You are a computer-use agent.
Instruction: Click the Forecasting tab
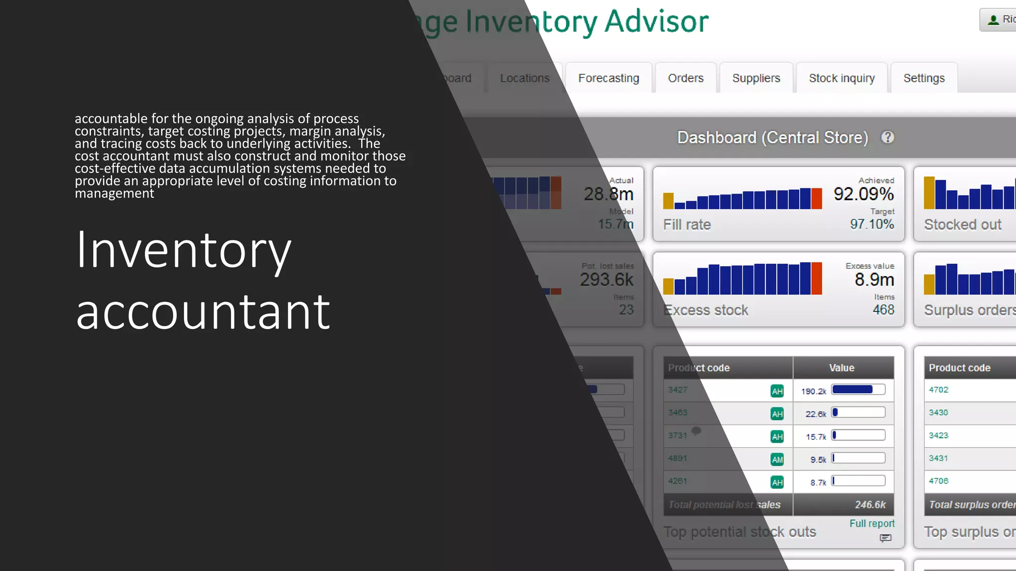(608, 78)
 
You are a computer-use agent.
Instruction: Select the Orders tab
(686, 78)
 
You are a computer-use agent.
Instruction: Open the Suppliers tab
(756, 78)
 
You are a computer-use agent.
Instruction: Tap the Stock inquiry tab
(841, 78)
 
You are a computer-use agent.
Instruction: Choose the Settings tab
(924, 78)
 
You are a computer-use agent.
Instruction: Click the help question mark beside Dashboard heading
(888, 137)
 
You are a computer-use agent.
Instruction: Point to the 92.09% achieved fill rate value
(863, 194)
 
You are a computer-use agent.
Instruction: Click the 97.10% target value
(872, 224)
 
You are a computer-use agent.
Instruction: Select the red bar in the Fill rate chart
(817, 199)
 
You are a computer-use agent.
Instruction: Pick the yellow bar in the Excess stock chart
(668, 286)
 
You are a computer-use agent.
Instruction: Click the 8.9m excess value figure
(874, 280)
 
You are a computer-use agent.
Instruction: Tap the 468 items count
(883, 310)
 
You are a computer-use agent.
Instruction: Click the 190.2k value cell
(813, 391)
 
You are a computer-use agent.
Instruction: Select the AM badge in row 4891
(777, 459)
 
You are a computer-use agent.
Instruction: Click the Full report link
(872, 523)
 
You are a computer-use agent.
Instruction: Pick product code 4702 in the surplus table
(938, 390)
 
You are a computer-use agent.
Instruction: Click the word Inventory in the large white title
(183, 250)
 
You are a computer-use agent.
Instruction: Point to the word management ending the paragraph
(114, 193)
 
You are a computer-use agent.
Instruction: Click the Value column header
(841, 368)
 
